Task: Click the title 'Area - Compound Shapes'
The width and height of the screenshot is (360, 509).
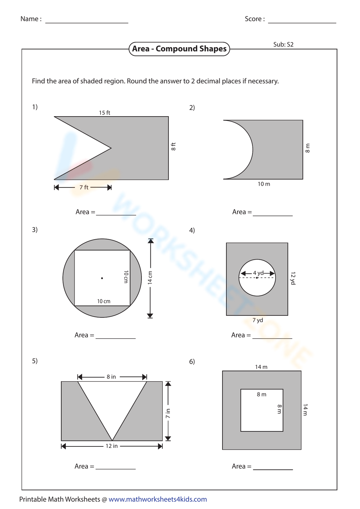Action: click(x=179, y=49)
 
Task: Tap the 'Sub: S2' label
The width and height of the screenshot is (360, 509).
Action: click(x=283, y=45)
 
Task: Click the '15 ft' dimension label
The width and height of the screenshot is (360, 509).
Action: click(x=104, y=113)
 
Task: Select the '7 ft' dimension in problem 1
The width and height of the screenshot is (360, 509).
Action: click(x=84, y=187)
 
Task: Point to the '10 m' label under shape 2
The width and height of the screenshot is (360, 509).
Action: click(x=264, y=184)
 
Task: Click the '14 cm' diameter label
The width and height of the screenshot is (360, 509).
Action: click(x=150, y=278)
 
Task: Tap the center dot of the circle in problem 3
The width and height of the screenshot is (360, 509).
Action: click(x=102, y=278)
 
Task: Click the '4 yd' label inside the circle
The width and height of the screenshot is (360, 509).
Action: click(x=258, y=273)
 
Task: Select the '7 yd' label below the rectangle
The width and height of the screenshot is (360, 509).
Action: click(x=258, y=320)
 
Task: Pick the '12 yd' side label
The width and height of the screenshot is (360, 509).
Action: click(x=293, y=278)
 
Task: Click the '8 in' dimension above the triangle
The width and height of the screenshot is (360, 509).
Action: click(x=111, y=377)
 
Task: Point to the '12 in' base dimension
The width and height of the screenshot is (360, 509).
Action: click(x=112, y=446)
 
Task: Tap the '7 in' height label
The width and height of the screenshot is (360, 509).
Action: click(x=168, y=414)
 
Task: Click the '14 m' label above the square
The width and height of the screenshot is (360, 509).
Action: click(x=261, y=367)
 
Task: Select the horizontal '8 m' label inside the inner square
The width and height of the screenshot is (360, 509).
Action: click(x=262, y=395)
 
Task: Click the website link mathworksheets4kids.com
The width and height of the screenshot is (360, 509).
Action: click(x=158, y=499)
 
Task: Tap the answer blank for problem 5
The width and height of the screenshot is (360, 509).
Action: click(x=116, y=467)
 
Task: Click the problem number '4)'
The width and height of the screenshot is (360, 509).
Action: click(x=192, y=230)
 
